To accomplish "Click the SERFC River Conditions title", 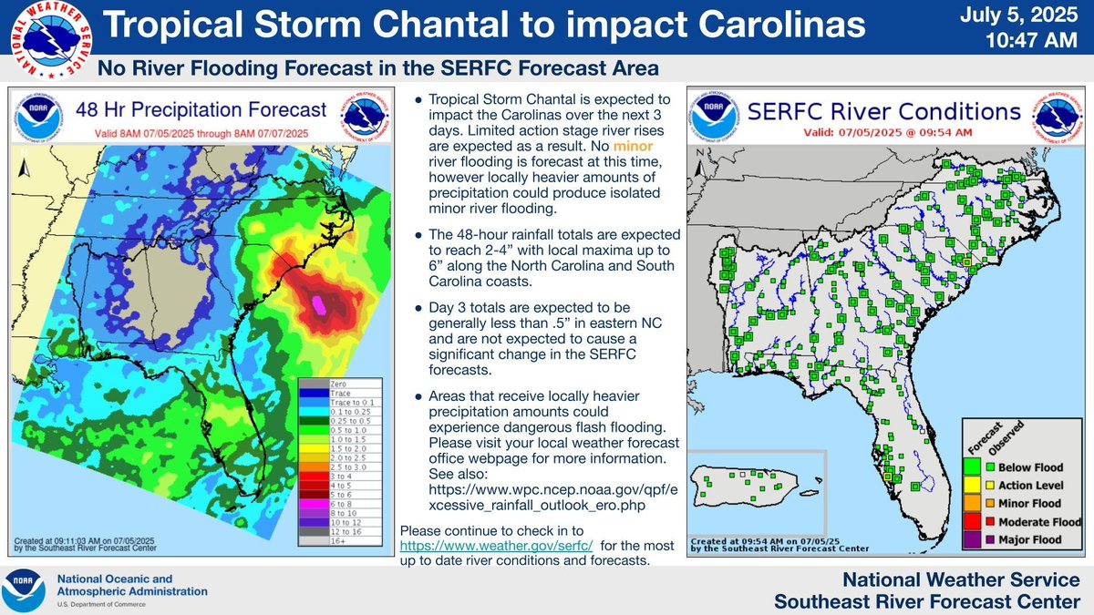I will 882,111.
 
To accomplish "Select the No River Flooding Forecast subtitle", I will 377,69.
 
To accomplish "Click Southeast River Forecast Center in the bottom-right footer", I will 926,600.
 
